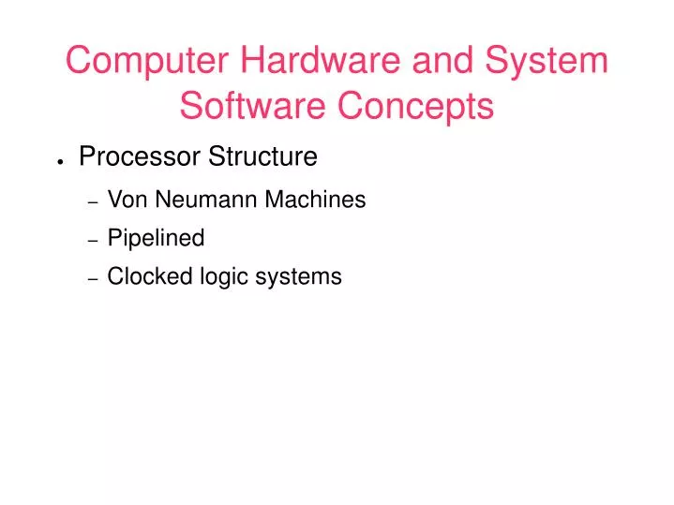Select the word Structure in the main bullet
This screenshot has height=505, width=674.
click(262, 157)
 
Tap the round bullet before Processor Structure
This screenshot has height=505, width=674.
click(60, 161)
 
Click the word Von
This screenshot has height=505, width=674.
click(125, 201)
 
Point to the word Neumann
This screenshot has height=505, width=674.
click(198, 201)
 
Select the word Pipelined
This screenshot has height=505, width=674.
click(156, 239)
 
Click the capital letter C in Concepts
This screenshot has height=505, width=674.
click(351, 107)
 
